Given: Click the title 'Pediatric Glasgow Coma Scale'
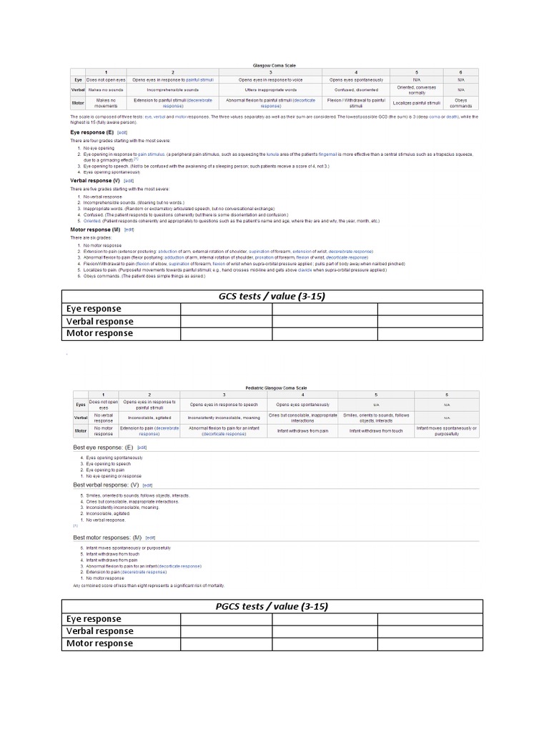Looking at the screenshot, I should pos(274,386).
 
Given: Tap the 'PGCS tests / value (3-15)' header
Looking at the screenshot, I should pos(272,606).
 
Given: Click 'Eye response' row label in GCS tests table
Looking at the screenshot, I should pos(94,309).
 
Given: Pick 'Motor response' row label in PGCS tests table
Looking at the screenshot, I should pos(99,643).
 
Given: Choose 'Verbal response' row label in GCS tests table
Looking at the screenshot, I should pos(99,321).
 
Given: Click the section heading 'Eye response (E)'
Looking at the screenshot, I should pos(91,132).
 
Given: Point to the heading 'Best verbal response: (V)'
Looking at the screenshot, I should pos(106,485).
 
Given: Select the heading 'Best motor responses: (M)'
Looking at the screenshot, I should pos(107,537).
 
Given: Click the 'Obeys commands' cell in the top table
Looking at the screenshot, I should pos(461,102).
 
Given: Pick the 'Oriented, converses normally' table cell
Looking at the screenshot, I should pos(417,90).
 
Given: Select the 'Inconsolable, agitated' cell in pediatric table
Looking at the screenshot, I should pos(149,417).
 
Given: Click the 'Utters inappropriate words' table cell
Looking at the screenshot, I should pos(270,90).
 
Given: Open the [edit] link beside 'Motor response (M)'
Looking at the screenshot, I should pos(129,229).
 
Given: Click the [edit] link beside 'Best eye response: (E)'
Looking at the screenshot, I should pos(142,447).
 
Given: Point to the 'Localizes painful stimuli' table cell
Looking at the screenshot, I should pos(417,102).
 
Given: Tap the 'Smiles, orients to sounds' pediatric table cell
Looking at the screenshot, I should pos(376,417).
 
